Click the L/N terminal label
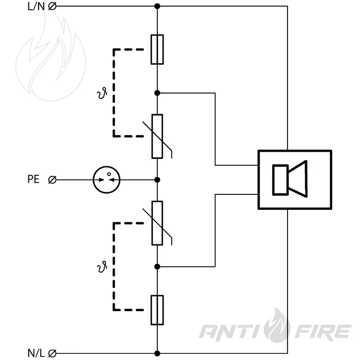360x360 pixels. point(36,6)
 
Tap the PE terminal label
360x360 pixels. point(33,179)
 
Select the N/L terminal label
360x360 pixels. point(36,353)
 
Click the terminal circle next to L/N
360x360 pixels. point(52,6)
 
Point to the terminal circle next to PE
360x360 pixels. point(52,180)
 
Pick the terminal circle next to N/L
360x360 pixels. point(52,353)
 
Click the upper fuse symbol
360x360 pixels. point(157,49)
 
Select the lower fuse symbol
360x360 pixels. point(157,310)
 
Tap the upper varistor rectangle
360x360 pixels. point(157,136)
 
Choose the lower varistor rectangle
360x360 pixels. point(157,223)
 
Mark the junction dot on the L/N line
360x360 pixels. point(157,6)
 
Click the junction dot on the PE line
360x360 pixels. point(157,180)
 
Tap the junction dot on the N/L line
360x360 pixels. point(157,354)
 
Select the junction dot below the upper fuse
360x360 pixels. point(157,93)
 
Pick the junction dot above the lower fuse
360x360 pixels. point(157,266)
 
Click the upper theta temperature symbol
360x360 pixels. point(102,93)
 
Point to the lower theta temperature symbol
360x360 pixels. point(102,267)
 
